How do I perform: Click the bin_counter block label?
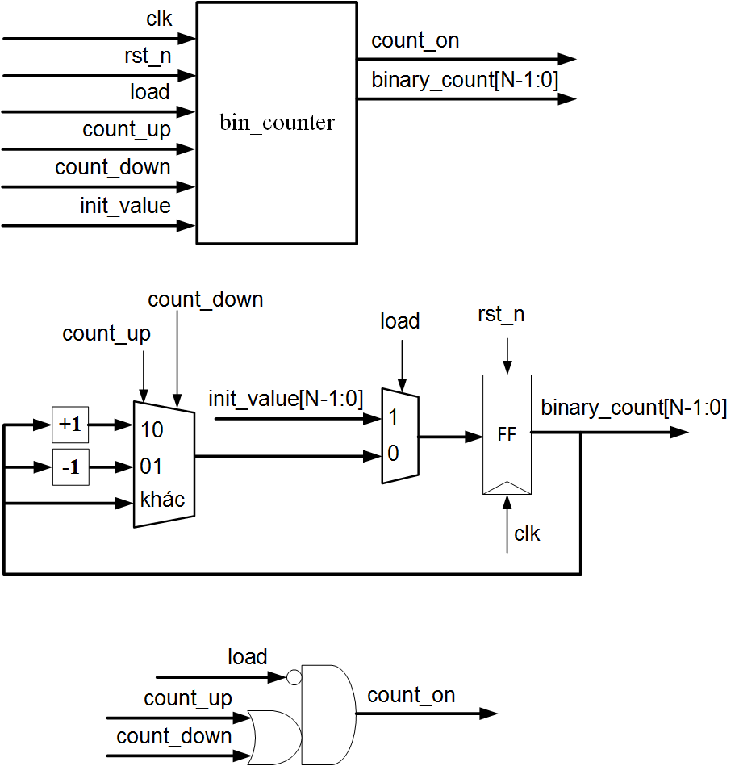(x=277, y=123)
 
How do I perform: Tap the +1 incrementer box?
(x=70, y=425)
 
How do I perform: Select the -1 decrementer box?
(x=70, y=467)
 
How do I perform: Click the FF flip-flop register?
(x=507, y=434)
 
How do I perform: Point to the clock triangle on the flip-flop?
(x=507, y=487)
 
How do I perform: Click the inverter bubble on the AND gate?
(x=294, y=676)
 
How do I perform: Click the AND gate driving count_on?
(x=327, y=714)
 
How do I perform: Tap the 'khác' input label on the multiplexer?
(x=162, y=500)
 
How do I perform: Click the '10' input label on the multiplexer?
(x=152, y=429)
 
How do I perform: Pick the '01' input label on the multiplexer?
(x=152, y=466)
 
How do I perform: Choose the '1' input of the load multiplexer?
(x=393, y=417)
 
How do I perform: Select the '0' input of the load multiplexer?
(x=393, y=454)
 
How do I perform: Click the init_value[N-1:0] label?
(x=286, y=399)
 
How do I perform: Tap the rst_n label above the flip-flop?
(x=501, y=314)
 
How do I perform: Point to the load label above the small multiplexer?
(x=400, y=321)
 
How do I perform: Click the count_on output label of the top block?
(x=415, y=41)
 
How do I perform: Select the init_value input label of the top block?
(x=125, y=206)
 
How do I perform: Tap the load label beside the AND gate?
(x=247, y=657)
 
